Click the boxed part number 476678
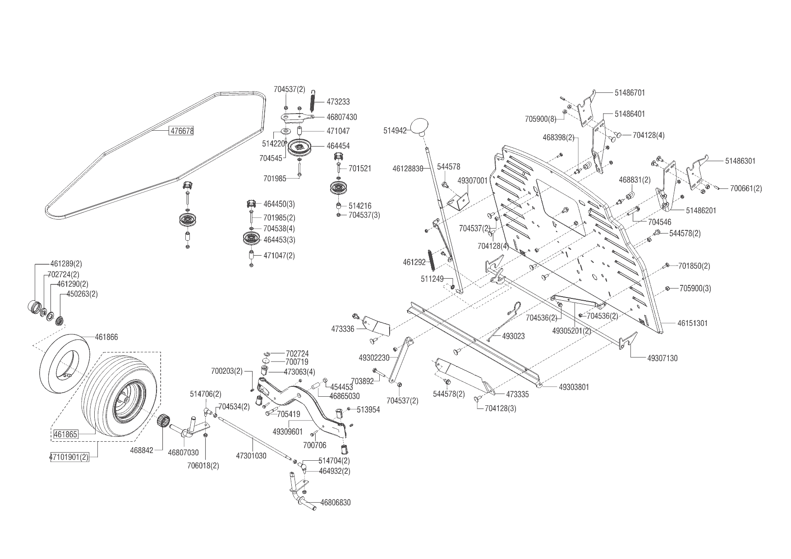[181, 131]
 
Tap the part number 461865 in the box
[66, 435]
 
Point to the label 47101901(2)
[69, 457]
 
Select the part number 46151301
[692, 323]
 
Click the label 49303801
[574, 387]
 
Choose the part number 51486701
[630, 92]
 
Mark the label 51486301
[740, 161]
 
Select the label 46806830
[335, 502]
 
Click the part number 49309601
[288, 431]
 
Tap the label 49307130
[662, 358]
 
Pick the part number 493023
[513, 336]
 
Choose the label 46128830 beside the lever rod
[408, 169]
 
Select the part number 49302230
[374, 358]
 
